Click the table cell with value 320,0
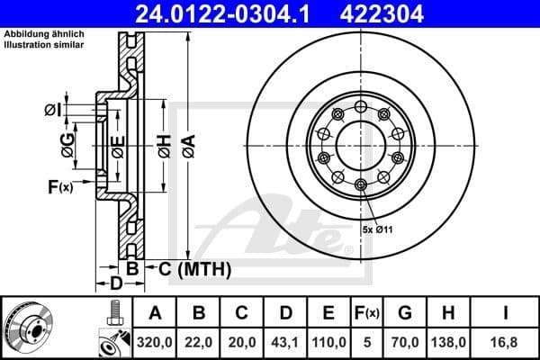pyautogui.click(x=156, y=341)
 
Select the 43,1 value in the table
pyautogui.click(x=285, y=341)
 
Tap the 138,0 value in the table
pyautogui.click(x=449, y=341)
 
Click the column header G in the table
pyautogui.click(x=405, y=313)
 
